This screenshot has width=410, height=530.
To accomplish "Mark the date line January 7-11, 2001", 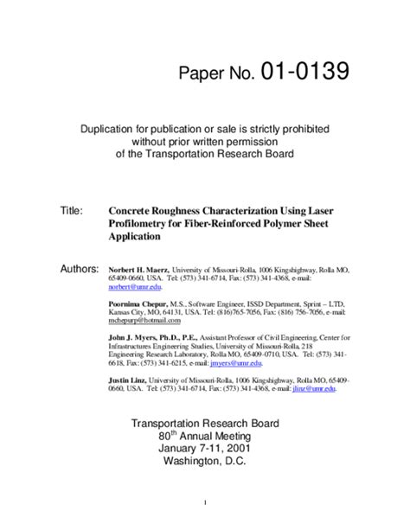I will (204, 450).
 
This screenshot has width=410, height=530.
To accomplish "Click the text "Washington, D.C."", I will (204, 463).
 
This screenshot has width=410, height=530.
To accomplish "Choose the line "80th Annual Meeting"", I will (204, 437).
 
